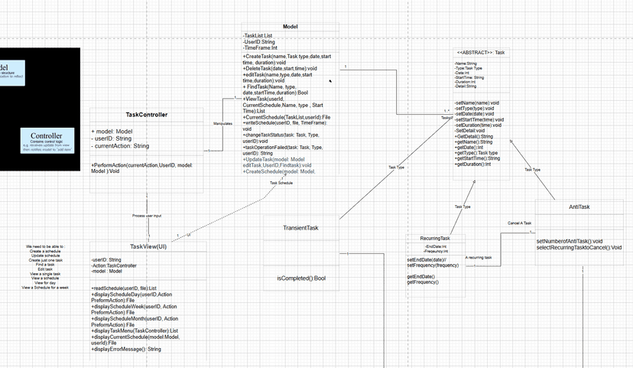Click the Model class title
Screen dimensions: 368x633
coord(291,27)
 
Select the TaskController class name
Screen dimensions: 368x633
coord(147,115)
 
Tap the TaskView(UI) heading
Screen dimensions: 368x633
coord(148,246)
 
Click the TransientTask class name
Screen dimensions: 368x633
coord(300,228)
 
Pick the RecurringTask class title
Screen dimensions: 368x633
coord(435,239)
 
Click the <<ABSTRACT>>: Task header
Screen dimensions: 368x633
coord(480,53)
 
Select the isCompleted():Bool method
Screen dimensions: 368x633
coord(300,278)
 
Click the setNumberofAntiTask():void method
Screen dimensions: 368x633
coord(570,241)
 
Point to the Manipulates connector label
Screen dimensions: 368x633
coord(222,123)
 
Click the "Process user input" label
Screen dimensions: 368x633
coord(147,216)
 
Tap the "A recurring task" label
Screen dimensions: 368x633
coord(479,258)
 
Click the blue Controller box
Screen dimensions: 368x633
coord(46,139)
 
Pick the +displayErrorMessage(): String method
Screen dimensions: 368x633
coord(126,349)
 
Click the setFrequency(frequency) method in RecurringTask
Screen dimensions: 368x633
coord(433,265)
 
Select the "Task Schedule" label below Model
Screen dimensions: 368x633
coord(281,183)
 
